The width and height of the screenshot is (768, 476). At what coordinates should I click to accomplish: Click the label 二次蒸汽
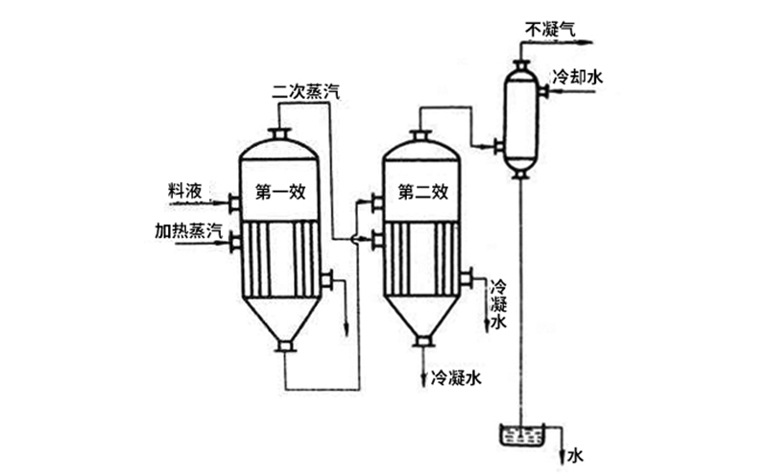[x=305, y=92]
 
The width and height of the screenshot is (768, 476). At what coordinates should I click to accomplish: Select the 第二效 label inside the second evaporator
[x=424, y=191]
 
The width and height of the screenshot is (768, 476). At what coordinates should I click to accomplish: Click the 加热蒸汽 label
[x=188, y=231]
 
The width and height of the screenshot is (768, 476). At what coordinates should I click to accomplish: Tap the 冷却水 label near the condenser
[x=577, y=78]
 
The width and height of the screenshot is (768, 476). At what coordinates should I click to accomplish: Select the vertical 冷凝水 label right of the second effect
[x=498, y=305]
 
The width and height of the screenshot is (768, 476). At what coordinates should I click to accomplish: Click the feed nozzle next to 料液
[x=232, y=202]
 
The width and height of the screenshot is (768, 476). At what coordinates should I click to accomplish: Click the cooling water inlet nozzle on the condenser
[x=542, y=92]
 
